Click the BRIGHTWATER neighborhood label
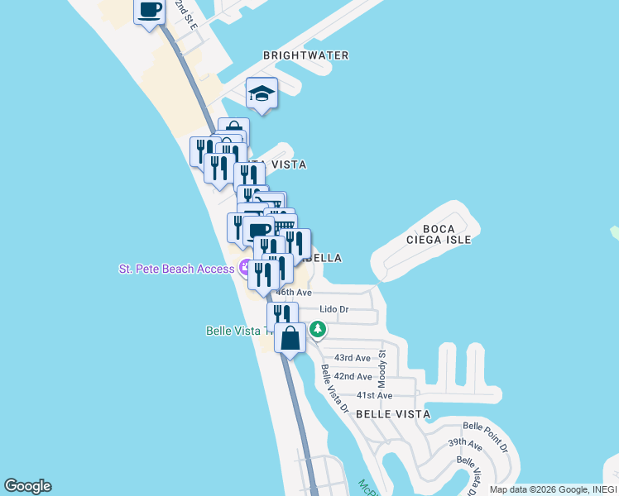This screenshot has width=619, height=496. pyautogui.click(x=306, y=55)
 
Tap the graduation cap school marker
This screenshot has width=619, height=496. pyautogui.click(x=262, y=94)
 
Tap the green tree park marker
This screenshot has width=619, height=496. pyautogui.click(x=318, y=330)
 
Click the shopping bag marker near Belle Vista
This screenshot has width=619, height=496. pyautogui.click(x=290, y=338)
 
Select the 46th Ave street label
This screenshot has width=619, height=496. pyautogui.click(x=294, y=293)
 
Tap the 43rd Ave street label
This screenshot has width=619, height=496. pyautogui.click(x=351, y=358)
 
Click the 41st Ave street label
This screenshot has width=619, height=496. pyautogui.click(x=374, y=395)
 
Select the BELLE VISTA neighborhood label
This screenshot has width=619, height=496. pyautogui.click(x=393, y=414)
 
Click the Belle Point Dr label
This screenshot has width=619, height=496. pyautogui.click(x=485, y=436)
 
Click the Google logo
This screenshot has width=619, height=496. pyautogui.click(x=27, y=486)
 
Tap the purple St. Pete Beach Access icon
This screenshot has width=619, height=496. pyautogui.click(x=245, y=268)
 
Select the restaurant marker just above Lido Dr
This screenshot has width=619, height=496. pyautogui.click(x=282, y=315)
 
